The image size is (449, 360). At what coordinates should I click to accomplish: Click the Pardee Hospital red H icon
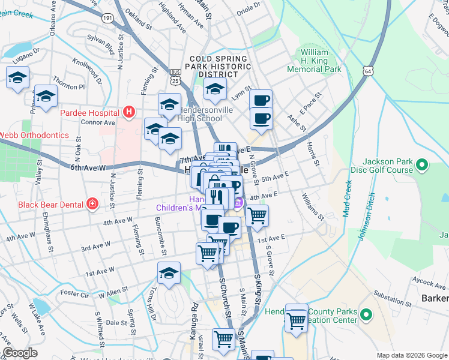[128, 111]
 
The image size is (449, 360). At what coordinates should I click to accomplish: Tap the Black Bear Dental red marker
[92, 204]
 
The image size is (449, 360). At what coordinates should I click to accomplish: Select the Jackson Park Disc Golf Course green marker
[421, 164]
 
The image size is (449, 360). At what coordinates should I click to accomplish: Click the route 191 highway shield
[107, 19]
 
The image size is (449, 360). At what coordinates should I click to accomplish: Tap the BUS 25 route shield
[175, 75]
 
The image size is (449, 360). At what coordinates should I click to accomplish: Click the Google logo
[20, 353]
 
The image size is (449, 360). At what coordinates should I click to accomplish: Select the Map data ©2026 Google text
[412, 355]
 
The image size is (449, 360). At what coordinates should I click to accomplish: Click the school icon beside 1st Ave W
[169, 273]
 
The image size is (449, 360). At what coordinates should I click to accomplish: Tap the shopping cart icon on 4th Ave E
[257, 216]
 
